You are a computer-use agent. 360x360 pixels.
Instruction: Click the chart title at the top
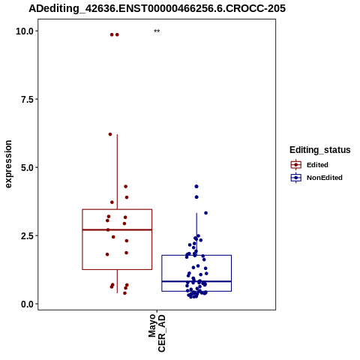coord(157,8)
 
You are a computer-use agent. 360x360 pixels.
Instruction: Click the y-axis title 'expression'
coord(8,164)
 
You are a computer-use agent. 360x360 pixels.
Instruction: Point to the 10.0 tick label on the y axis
coord(25,31)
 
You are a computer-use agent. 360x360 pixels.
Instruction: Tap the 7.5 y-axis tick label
coord(27,100)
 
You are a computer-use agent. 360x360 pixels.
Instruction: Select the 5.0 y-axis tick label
coord(27,168)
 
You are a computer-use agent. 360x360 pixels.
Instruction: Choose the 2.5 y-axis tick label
coord(27,236)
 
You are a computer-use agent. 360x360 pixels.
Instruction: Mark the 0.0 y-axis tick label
coord(27,304)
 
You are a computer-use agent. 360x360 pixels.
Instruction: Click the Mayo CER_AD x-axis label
coord(157,333)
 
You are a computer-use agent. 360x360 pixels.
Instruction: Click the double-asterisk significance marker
coord(157,31)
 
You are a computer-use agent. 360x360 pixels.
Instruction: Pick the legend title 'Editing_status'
coord(320,150)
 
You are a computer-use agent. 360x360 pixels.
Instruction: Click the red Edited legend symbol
coord(296,165)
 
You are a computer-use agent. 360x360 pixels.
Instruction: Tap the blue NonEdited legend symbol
coord(296,178)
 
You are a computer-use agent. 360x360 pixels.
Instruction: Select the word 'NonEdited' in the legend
coord(325,178)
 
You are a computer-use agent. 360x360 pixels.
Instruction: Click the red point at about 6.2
coord(110,134)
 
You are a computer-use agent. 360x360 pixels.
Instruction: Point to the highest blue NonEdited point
coord(196,187)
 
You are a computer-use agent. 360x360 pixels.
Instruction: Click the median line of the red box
coord(117,229)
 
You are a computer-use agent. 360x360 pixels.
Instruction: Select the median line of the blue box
coord(196,281)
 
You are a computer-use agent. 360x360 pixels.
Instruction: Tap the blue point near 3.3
coord(206,213)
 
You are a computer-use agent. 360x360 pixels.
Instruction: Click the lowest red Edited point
coord(124,293)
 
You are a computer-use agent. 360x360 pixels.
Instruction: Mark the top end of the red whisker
coord(117,134)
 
